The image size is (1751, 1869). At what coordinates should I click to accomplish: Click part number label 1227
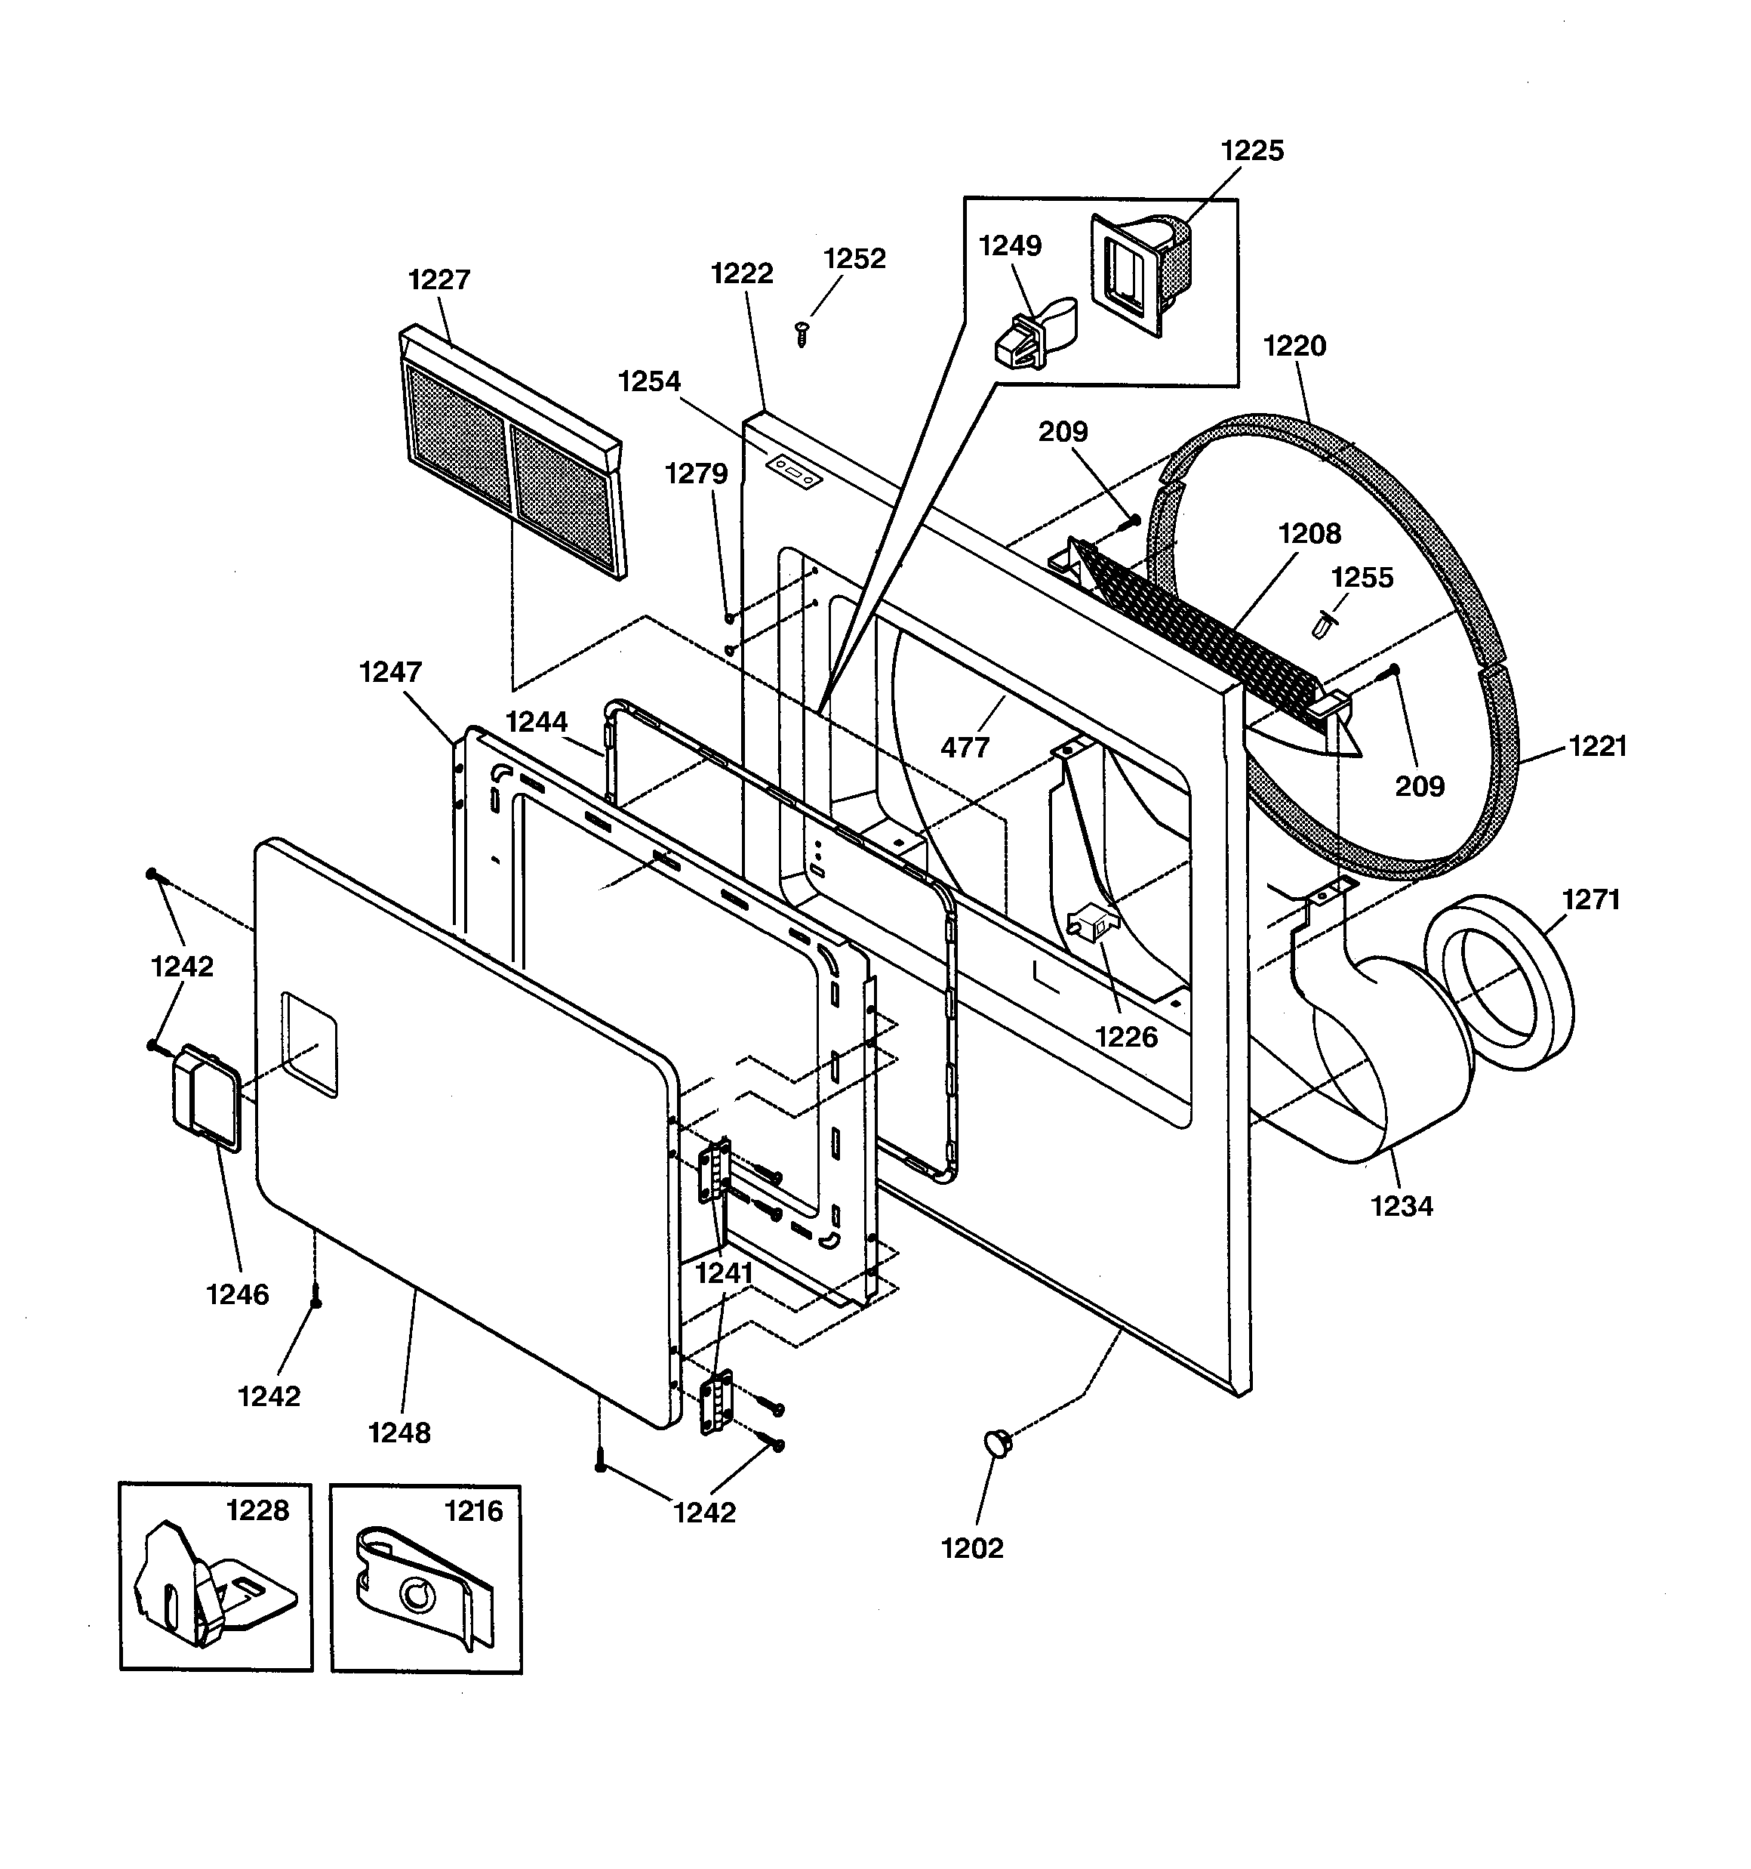(x=439, y=280)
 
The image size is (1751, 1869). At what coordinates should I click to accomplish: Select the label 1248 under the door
(x=399, y=1433)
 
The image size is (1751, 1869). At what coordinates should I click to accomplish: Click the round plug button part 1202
(x=997, y=1443)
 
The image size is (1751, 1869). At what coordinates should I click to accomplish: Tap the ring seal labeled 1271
(x=1498, y=982)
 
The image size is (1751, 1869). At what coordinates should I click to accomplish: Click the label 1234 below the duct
(x=1402, y=1206)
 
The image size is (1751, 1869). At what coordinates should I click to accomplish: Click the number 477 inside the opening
(x=965, y=748)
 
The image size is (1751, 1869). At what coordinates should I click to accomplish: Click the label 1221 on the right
(x=1598, y=747)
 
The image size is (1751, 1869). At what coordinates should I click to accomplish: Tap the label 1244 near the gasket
(x=537, y=722)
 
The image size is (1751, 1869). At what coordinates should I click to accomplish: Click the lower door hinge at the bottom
(x=716, y=1404)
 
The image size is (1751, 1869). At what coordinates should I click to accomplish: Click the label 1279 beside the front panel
(x=696, y=473)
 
